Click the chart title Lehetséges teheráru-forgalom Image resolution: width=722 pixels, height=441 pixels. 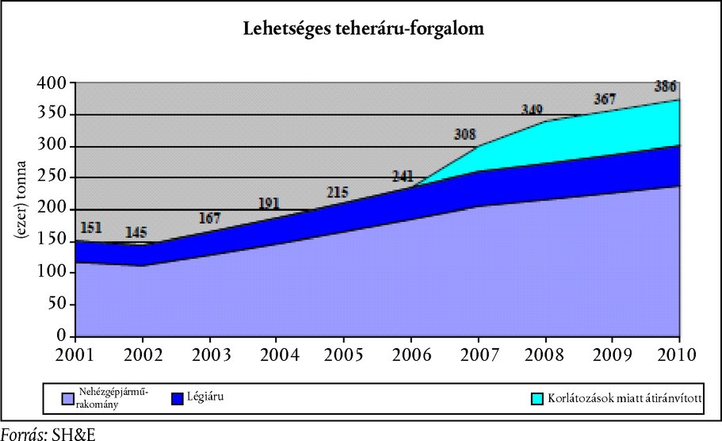tap(363, 30)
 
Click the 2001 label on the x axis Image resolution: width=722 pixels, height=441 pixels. tap(76, 353)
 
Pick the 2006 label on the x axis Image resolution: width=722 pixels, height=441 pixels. tap(412, 353)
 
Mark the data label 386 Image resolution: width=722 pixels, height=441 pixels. tap(666, 86)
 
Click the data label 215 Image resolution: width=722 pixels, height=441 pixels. tap(341, 191)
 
